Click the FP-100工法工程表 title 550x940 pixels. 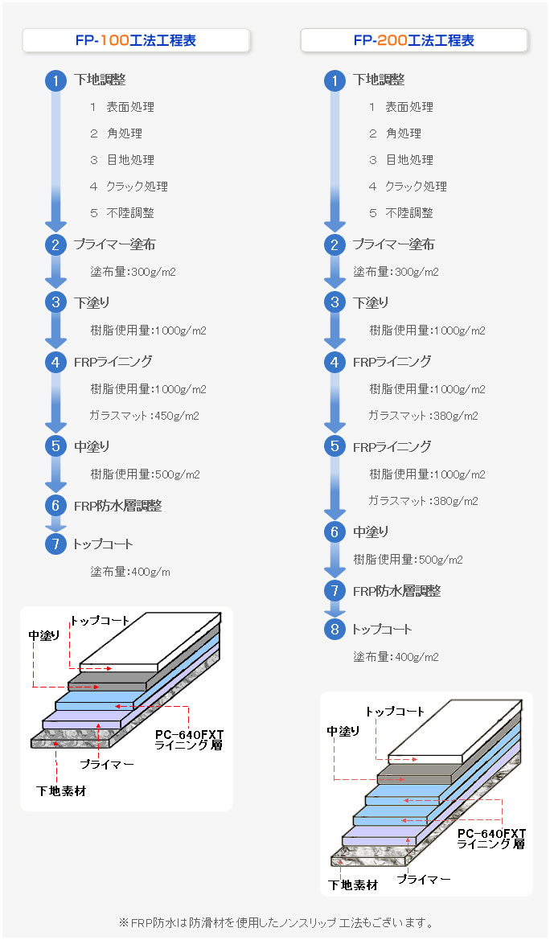(x=136, y=40)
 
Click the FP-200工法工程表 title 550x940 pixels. (x=414, y=40)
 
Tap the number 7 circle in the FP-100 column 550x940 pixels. (x=55, y=544)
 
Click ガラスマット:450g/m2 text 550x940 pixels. (x=145, y=416)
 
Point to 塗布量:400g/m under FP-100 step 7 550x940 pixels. (x=130, y=573)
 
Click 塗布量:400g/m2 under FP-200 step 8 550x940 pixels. (x=396, y=657)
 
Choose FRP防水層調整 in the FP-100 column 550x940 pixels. (x=117, y=506)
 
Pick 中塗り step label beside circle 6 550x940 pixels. (x=371, y=532)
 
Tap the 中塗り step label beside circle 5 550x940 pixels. (x=92, y=446)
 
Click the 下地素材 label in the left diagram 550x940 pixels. (x=61, y=791)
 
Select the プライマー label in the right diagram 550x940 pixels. (x=424, y=880)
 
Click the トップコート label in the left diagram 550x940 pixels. (x=101, y=621)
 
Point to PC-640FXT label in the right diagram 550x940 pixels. (x=491, y=833)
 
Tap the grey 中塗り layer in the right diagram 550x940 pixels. (x=418, y=774)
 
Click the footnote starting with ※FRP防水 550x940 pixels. (x=276, y=922)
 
